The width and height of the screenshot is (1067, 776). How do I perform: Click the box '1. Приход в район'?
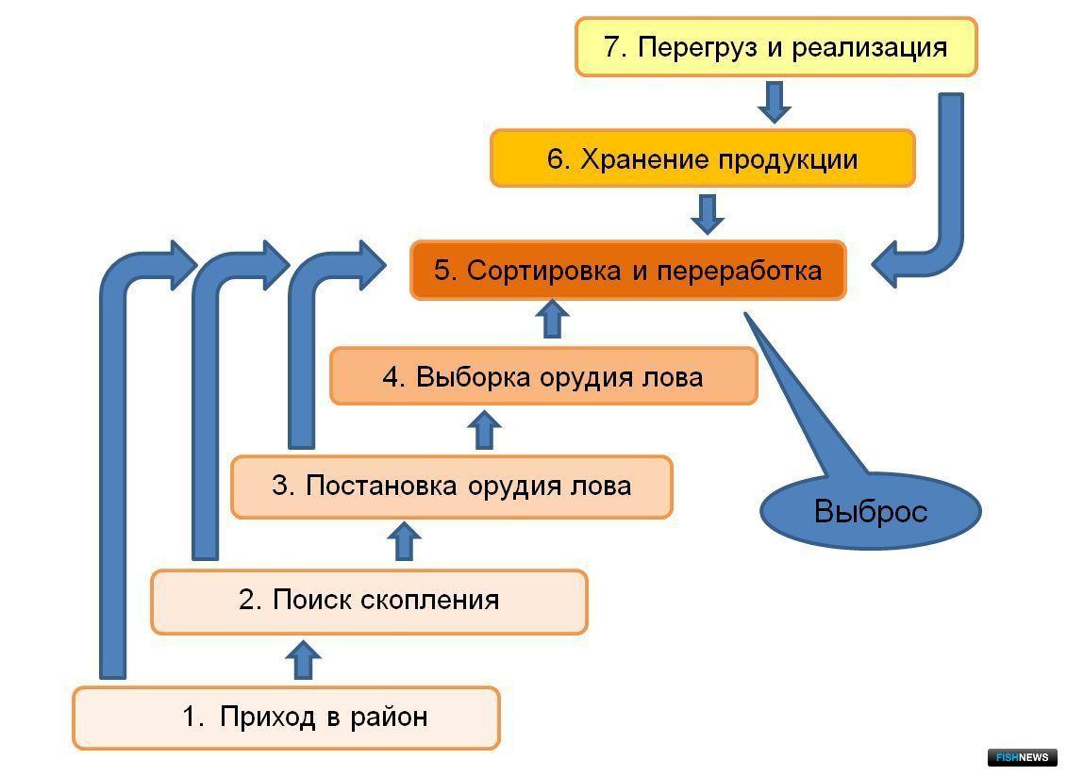(287, 718)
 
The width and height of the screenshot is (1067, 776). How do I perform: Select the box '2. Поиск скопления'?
(369, 602)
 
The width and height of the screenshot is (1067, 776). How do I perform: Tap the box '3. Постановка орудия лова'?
(452, 487)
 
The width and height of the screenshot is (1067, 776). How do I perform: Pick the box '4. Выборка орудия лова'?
(543, 376)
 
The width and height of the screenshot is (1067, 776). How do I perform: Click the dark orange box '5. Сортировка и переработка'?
(628, 270)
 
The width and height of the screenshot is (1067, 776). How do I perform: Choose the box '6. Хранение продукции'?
(702, 158)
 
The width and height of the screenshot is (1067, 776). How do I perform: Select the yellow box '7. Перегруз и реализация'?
(776, 47)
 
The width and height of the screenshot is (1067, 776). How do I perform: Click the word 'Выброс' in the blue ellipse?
(871, 511)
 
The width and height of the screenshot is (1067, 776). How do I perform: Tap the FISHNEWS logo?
(1023, 757)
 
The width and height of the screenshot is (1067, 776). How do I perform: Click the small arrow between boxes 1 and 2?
(303, 660)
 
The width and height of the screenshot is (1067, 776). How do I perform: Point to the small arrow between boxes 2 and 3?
(404, 541)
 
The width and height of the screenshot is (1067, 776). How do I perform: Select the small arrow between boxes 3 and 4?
(485, 429)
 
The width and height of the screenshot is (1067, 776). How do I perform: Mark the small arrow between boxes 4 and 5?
(553, 319)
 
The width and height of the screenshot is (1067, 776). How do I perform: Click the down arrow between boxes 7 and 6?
(775, 102)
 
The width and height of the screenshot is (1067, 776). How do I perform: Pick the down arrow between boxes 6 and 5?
(708, 214)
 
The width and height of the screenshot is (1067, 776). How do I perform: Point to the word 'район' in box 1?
(390, 718)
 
